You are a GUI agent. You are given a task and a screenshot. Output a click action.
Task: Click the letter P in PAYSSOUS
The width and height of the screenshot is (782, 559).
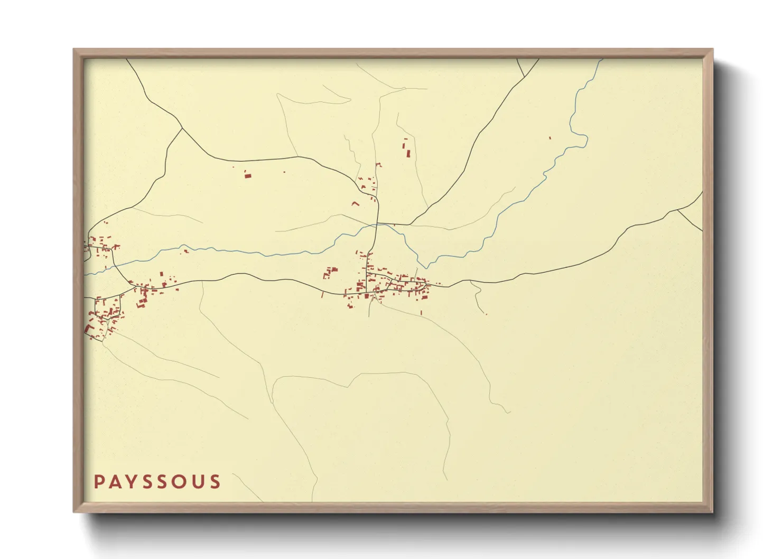pyautogui.click(x=99, y=482)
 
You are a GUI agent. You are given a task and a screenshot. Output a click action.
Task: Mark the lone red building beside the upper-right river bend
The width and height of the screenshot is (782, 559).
pyautogui.click(x=550, y=138)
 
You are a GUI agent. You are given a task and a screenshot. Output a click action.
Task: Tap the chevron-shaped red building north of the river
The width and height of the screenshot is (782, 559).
pyautogui.click(x=356, y=203)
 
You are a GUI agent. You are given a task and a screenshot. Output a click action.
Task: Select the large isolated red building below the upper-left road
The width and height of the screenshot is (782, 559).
pyautogui.click(x=247, y=175)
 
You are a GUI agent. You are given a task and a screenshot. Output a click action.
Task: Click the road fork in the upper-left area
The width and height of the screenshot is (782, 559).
pyautogui.click(x=182, y=128)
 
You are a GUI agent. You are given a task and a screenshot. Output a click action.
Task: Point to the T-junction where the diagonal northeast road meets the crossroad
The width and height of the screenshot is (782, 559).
pyautogui.click(x=409, y=225)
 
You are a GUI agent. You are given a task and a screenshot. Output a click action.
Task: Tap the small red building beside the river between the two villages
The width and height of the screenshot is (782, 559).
pyautogui.click(x=185, y=251)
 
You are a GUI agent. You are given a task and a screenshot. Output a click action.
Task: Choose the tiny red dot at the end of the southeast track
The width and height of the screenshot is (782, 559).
pyautogui.click(x=486, y=314)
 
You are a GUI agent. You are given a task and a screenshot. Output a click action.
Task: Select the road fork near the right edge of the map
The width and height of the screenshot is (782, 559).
pyautogui.click(x=677, y=210)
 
